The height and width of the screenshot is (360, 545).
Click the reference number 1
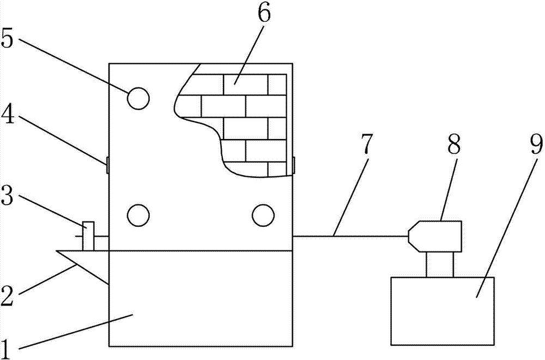pyautogui.click(x=8, y=345)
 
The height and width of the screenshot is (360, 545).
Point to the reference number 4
pyautogui.click(x=8, y=116)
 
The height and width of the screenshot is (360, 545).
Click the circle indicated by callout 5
pyautogui.click(x=138, y=99)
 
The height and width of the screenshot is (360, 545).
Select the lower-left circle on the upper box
pyautogui.click(x=138, y=214)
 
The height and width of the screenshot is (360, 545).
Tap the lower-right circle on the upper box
pyautogui.click(x=263, y=214)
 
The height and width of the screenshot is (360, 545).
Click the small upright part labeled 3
pyautogui.click(x=88, y=236)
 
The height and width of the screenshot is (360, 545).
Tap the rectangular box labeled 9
pyautogui.click(x=443, y=311)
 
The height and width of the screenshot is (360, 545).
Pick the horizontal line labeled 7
pyautogui.click(x=349, y=236)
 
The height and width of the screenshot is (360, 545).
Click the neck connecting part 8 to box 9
pyautogui.click(x=439, y=265)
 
